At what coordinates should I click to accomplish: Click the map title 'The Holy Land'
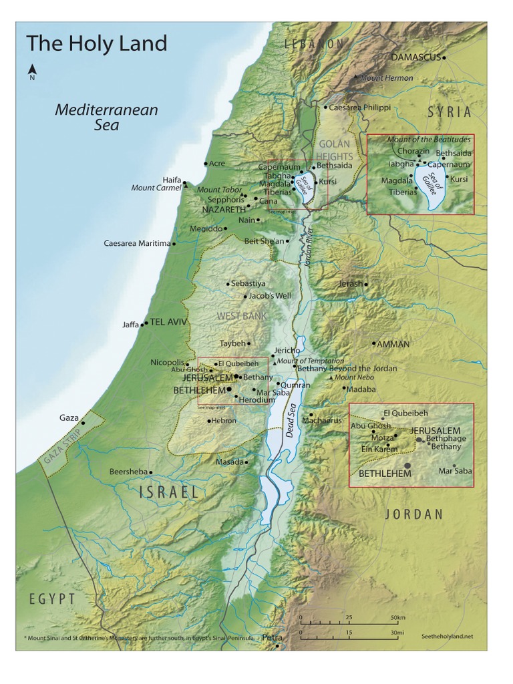(96, 44)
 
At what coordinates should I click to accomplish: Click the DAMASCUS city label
(415, 57)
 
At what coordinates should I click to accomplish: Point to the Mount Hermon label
(385, 78)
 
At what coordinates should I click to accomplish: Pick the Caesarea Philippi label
(360, 107)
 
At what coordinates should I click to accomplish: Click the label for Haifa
(172, 180)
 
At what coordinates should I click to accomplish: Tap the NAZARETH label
(224, 209)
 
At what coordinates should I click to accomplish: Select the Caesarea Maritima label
(137, 243)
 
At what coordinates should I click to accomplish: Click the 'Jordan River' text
(309, 248)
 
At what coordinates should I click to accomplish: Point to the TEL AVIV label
(169, 322)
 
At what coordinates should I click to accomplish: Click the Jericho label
(287, 350)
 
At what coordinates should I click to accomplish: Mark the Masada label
(229, 462)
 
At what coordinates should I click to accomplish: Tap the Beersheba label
(128, 472)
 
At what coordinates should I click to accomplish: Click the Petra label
(272, 638)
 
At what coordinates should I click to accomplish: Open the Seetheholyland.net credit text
(447, 637)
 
